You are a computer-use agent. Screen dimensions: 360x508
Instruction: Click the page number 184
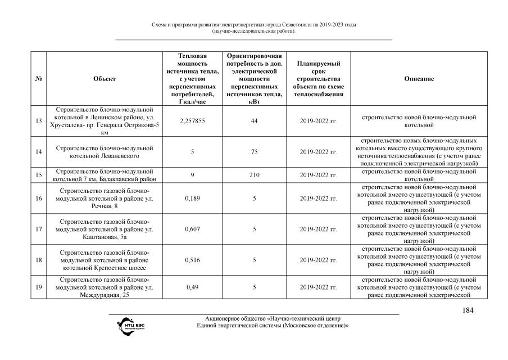pos(469,310)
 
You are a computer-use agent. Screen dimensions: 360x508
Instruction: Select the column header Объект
pos(105,79)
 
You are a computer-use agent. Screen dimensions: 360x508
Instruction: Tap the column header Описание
pos(419,79)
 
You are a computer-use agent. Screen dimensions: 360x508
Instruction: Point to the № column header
pos(39,79)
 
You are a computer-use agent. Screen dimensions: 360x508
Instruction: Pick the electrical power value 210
pos(255,175)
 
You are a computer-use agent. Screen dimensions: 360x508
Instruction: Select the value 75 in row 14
pos(255,152)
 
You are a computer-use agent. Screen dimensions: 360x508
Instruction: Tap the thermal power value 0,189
pos(192,199)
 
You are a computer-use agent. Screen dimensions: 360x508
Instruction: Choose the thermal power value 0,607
pos(192,229)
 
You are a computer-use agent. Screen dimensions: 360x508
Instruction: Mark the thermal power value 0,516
pos(192,260)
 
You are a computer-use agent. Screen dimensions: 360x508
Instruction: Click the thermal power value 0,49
pos(192,287)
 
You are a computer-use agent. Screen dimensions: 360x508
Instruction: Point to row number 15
pos(39,175)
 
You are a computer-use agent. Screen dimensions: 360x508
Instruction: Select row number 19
pos(39,287)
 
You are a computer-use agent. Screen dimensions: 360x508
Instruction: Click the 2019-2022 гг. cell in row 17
pos(318,229)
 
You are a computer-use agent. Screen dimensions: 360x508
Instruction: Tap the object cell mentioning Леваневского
pos(105,152)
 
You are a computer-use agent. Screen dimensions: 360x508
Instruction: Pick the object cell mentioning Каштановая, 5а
pos(105,229)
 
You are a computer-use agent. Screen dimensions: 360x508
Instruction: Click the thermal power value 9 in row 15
pos(192,175)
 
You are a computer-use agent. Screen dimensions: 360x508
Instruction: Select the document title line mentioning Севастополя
pos(254,25)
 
